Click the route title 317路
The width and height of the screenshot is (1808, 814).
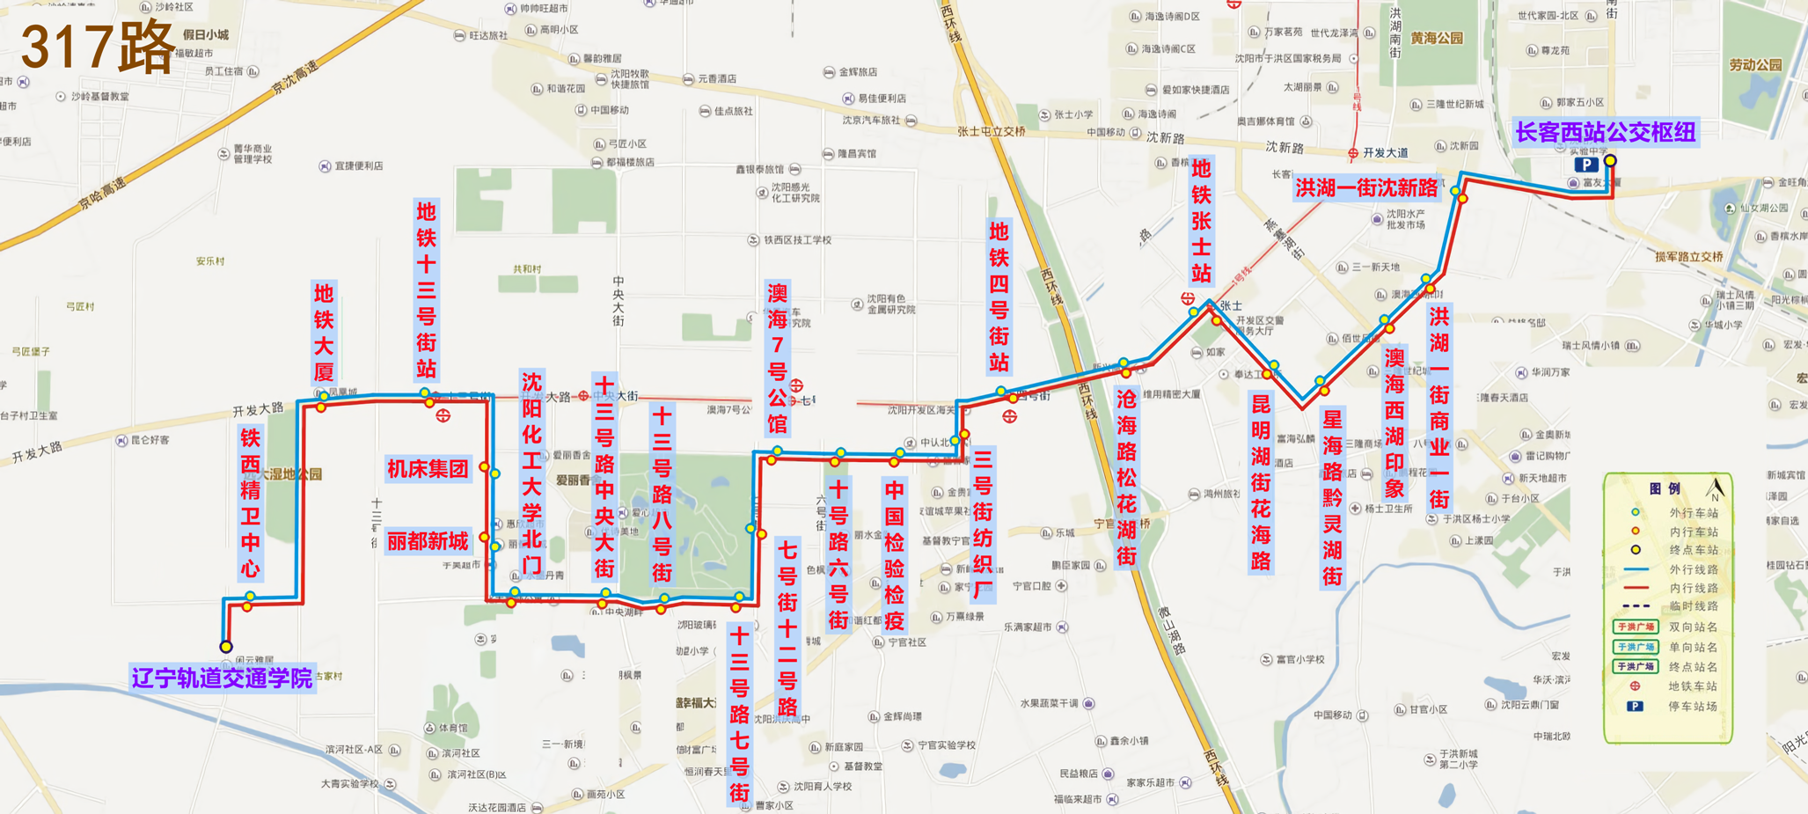pyautogui.click(x=98, y=47)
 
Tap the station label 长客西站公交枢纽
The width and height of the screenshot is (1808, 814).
pyautogui.click(x=1605, y=132)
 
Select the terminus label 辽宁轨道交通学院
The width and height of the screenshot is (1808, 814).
pyautogui.click(x=223, y=678)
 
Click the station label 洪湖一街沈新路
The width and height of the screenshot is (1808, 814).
pyautogui.click(x=1366, y=188)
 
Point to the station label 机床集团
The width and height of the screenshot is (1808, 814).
pyautogui.click(x=428, y=469)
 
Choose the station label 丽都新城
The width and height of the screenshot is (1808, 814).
pyautogui.click(x=428, y=541)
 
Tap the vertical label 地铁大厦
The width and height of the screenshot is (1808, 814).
pyautogui.click(x=324, y=333)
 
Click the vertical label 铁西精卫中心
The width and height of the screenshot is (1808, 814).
pyautogui.click(x=251, y=502)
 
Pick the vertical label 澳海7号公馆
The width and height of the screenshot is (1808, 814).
pyautogui.click(x=777, y=358)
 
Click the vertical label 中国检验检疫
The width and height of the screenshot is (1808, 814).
pyautogui.click(x=894, y=555)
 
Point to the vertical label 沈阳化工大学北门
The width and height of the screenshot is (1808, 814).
pyautogui.click(x=531, y=473)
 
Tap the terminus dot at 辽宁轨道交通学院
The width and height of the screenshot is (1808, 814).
pyautogui.click(x=226, y=647)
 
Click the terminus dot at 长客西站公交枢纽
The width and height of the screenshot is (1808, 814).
pyautogui.click(x=1610, y=161)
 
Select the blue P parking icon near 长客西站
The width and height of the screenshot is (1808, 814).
pyautogui.click(x=1585, y=165)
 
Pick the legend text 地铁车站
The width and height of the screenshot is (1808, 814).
pyautogui.click(x=1693, y=686)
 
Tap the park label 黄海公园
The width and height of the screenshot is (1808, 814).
pyautogui.click(x=1437, y=39)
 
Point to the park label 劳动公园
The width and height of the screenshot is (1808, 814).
pyautogui.click(x=1755, y=65)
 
